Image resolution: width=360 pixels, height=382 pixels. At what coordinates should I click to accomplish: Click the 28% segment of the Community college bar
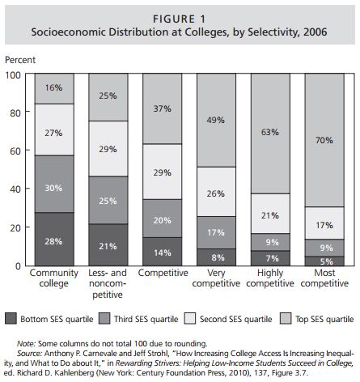point(54,239)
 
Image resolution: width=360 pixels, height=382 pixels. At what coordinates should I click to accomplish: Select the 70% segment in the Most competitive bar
point(324,140)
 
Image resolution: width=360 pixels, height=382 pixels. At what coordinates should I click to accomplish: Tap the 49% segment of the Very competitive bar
point(216,120)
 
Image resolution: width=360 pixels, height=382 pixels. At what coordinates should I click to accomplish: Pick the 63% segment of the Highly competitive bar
point(270,134)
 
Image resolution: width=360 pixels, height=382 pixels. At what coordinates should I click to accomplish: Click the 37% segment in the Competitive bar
point(163,108)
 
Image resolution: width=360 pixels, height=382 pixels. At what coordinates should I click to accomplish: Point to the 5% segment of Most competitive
point(324,261)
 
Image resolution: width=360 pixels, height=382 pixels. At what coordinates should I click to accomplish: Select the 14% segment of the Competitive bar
point(163,252)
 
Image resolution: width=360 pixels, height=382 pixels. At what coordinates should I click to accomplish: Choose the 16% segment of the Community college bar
point(54,88)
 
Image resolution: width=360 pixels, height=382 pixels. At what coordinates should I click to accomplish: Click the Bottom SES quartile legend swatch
point(11,319)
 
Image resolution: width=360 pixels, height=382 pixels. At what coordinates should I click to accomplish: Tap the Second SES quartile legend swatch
point(190,319)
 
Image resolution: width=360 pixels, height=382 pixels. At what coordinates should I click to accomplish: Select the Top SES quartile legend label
point(324,319)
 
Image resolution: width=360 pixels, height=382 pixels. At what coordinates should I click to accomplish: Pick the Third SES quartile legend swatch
point(104,319)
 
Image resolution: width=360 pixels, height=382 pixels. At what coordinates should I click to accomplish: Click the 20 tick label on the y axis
point(15,227)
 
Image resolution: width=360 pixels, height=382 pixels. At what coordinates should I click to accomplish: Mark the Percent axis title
point(20,60)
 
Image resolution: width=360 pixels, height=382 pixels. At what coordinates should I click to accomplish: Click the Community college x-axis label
point(54,278)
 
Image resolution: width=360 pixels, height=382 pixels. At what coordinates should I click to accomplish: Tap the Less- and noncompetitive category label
point(108,283)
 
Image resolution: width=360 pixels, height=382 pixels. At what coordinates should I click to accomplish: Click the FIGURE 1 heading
point(180,19)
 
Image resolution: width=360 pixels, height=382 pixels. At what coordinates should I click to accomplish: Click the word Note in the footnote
point(26,344)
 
